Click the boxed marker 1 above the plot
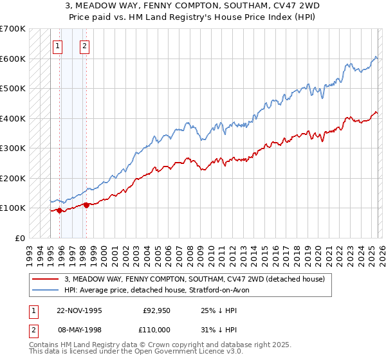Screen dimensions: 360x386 59,46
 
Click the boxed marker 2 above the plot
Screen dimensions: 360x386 85,46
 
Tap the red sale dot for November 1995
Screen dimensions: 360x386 59,210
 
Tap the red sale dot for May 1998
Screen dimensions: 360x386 86,205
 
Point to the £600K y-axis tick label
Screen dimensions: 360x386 12,59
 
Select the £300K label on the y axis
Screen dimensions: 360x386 12,148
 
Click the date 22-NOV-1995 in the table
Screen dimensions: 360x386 79,310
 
